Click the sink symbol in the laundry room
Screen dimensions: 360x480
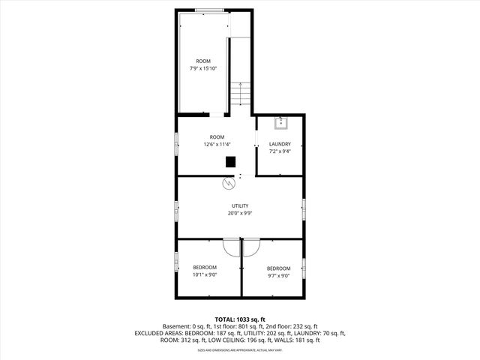click(x=281, y=121)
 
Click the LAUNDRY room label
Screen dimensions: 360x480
click(x=280, y=144)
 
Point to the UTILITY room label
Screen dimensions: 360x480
click(x=240, y=205)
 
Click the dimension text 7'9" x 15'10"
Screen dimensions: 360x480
click(x=203, y=68)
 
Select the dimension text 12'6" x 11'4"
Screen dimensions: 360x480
click(x=217, y=144)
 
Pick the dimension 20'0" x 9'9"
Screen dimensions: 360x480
click(x=240, y=213)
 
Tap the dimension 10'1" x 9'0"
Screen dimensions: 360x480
click(x=205, y=275)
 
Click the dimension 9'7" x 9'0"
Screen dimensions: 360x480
click(x=278, y=276)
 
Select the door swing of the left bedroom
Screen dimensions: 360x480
click(x=232, y=248)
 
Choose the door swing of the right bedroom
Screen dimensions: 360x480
click(x=250, y=248)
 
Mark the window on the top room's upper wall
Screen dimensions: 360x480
click(x=203, y=10)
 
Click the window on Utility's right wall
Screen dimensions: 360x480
click(x=304, y=209)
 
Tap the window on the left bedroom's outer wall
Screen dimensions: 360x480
click(x=177, y=262)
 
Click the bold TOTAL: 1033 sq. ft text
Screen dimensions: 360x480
click(x=240, y=319)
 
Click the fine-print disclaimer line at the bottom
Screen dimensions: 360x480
click(x=240, y=350)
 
